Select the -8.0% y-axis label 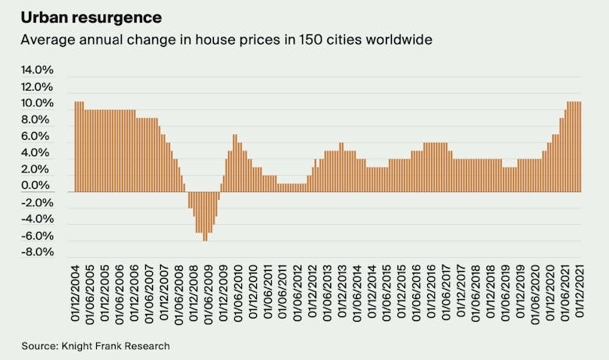point(37,252)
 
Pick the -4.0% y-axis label point(37,219)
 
